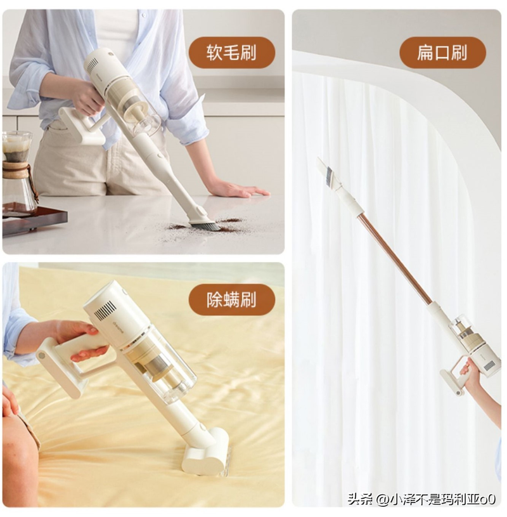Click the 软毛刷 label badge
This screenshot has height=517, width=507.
pos(231,52)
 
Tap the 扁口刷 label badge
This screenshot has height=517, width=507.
pos(442,52)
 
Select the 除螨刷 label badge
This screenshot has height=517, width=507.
pos(231,299)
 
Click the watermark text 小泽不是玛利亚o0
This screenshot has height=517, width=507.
pos(443,499)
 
